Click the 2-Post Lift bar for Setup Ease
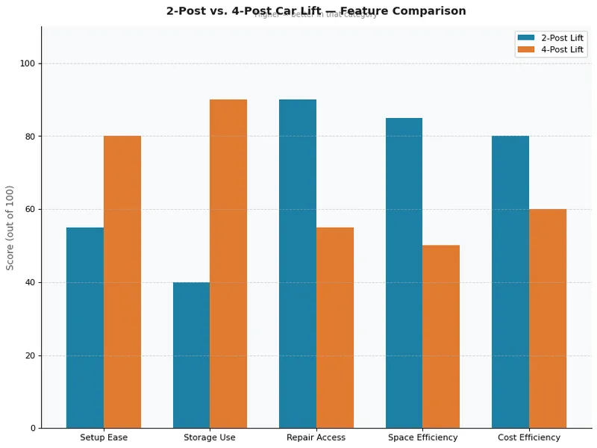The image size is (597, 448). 85,328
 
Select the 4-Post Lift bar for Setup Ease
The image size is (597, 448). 122,282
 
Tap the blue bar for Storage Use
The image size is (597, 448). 191,355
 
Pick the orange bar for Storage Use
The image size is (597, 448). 228,264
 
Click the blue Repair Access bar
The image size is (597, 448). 298,264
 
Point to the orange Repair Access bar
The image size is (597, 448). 335,328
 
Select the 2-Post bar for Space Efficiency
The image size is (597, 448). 404,273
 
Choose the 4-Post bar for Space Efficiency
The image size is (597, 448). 441,337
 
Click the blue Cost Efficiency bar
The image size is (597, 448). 510,282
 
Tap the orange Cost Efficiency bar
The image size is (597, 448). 548,319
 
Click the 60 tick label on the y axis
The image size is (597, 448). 31,210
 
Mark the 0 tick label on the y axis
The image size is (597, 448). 33,429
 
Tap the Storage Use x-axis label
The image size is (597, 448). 210,438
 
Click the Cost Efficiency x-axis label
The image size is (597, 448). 529,438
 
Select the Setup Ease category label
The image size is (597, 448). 104,438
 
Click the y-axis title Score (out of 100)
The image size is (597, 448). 10,228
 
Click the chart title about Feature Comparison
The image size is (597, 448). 316,11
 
